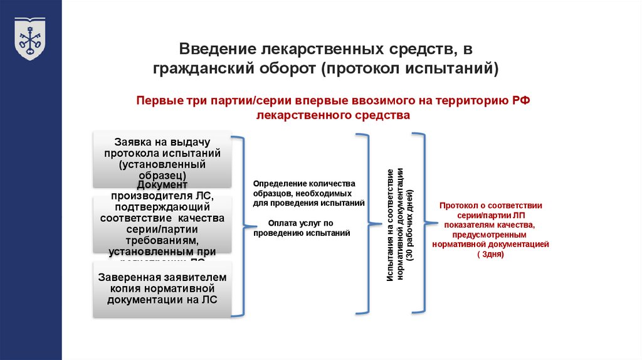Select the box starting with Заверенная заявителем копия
(x=162, y=289)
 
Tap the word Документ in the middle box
(x=162, y=185)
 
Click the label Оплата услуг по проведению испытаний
(x=302, y=228)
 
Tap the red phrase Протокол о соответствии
(x=491, y=205)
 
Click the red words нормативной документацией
(x=490, y=245)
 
